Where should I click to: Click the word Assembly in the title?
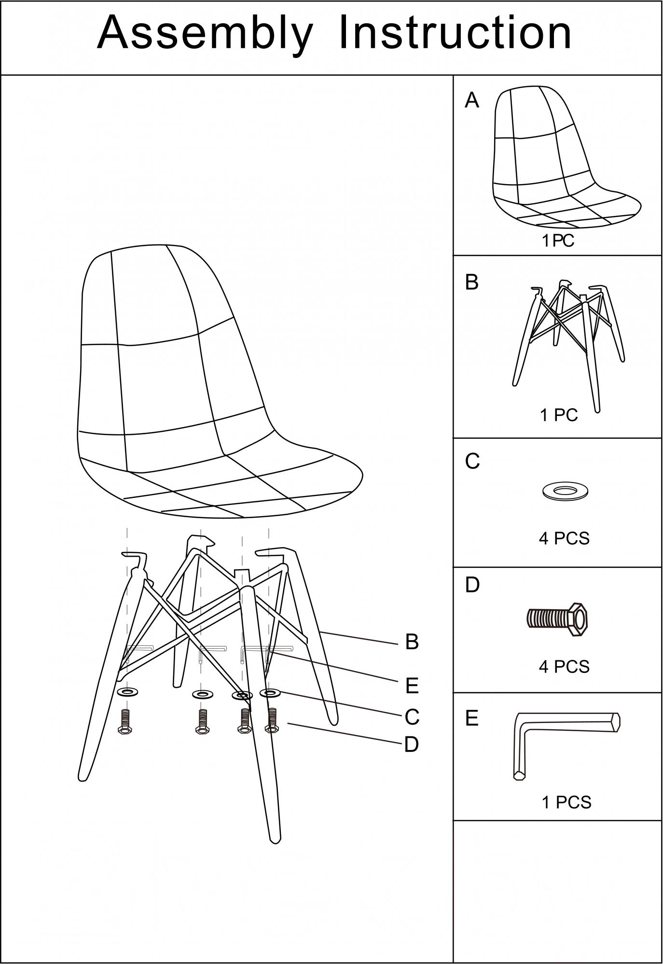205,34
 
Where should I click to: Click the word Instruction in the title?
456,32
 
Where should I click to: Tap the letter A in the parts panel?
472,100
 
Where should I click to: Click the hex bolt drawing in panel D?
556,619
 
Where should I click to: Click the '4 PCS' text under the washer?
564,538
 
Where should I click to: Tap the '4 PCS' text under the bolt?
564,667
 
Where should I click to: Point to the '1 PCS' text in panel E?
566,803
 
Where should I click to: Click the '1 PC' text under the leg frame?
559,415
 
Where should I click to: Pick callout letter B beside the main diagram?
412,642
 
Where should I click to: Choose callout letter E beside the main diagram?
412,685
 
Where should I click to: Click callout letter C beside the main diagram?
412,717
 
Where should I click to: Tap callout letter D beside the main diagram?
411,745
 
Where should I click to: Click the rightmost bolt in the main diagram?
272,721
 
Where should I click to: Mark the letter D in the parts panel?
472,585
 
